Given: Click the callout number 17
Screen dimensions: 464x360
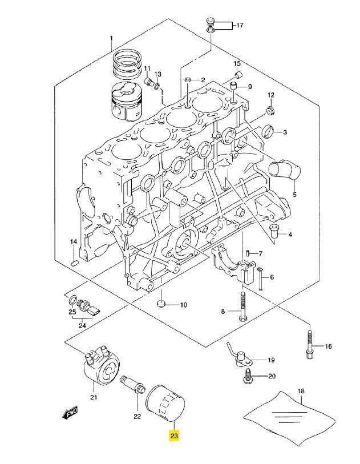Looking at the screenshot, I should coord(239,26).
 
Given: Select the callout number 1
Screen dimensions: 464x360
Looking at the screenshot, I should coord(112,38).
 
